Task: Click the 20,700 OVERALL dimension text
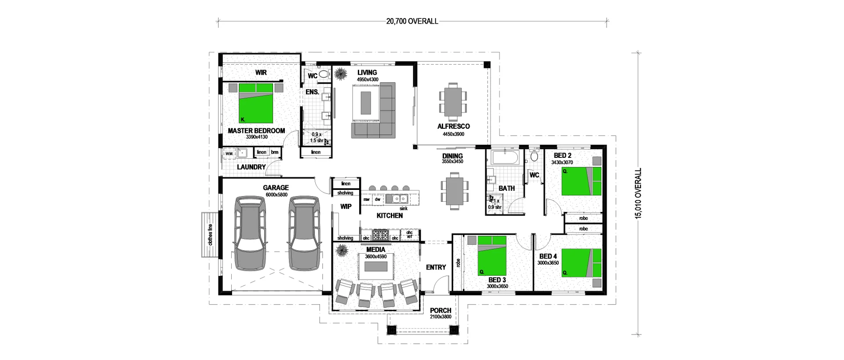412,21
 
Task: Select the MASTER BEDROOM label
256,131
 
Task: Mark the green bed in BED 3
492,255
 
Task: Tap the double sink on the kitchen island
397,199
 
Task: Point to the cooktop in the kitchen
380,235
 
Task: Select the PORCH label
440,310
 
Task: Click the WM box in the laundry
229,154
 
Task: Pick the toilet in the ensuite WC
324,74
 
